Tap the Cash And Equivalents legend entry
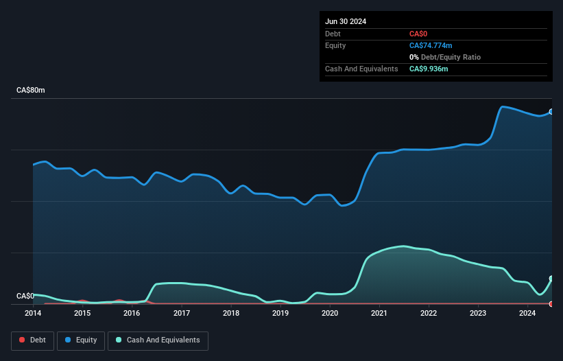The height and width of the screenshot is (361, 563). [x=158, y=340]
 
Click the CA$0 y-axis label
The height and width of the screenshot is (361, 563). [x=25, y=296]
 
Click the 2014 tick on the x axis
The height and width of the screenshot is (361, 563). [x=33, y=314]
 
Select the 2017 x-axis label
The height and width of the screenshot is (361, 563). [x=182, y=314]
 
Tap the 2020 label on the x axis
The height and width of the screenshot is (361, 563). [x=330, y=314]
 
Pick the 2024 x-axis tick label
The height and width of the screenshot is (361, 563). [x=527, y=314]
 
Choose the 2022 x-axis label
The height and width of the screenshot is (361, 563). [x=429, y=314]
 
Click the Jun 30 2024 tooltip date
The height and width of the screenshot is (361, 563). [x=346, y=21]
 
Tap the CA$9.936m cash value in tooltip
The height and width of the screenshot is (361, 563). [x=429, y=69]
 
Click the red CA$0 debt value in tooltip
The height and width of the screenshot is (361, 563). [x=419, y=34]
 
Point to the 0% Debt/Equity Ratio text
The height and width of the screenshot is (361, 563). [x=445, y=57]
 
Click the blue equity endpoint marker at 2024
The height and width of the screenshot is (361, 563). [x=551, y=111]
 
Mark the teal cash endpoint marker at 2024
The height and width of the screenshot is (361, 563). [x=551, y=279]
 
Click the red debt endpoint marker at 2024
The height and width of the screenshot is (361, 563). [x=551, y=303]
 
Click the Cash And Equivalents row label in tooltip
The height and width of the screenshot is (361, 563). [x=361, y=69]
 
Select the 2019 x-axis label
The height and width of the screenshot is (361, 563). [x=280, y=314]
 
